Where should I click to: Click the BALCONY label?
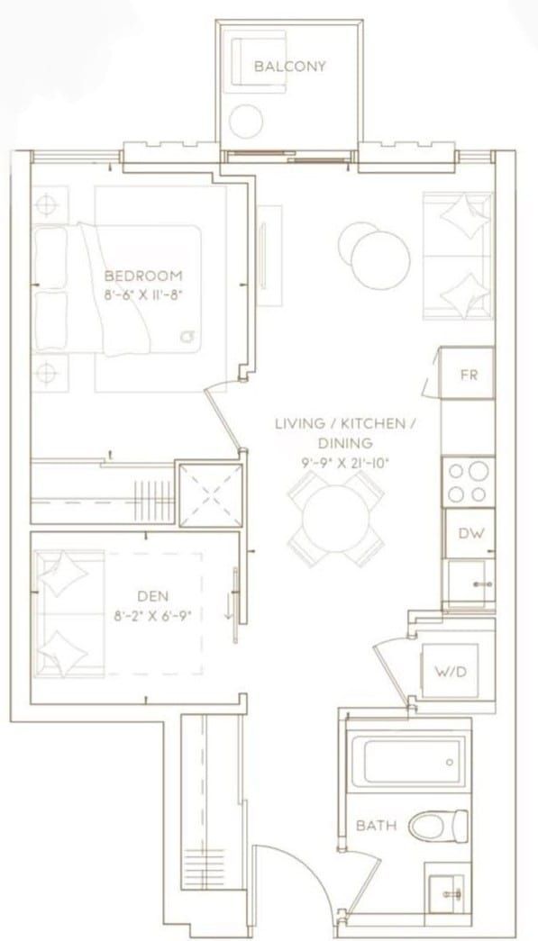tap(290, 66)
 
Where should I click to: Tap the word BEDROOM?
tap(143, 276)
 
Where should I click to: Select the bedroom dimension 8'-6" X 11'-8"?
tap(143, 294)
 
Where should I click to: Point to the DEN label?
tap(153, 596)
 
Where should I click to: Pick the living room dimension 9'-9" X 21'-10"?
tap(346, 463)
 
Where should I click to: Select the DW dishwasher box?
tap(470, 533)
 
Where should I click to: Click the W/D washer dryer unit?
tap(451, 671)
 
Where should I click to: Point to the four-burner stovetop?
tap(469, 482)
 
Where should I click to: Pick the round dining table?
tap(336, 518)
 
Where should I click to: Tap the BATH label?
tap(377, 825)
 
